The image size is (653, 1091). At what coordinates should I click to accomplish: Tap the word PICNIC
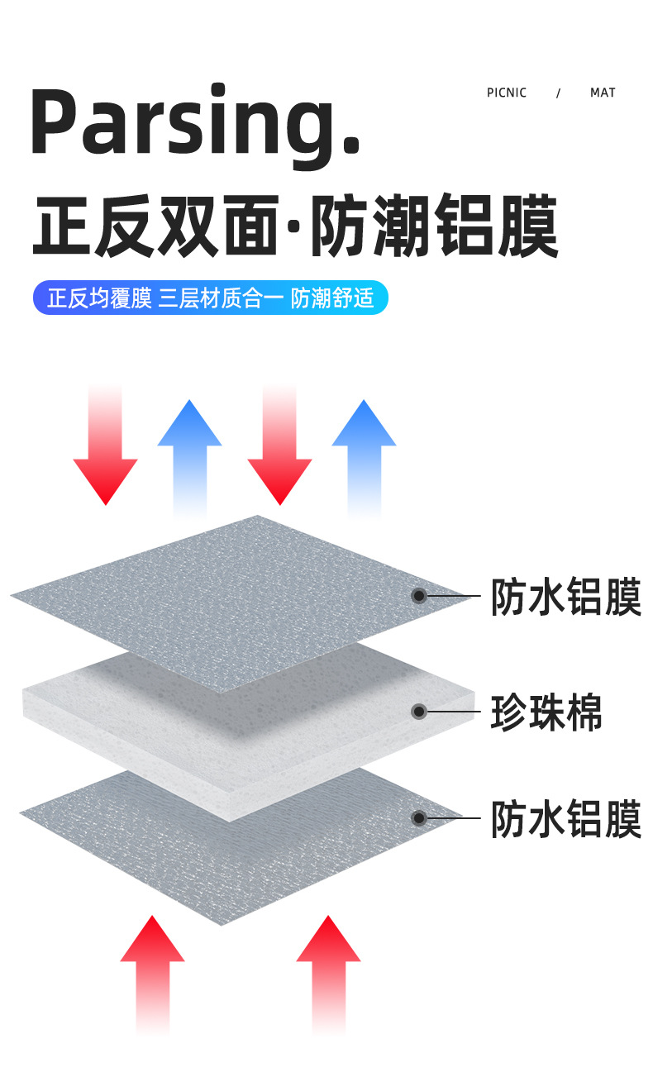click(x=507, y=93)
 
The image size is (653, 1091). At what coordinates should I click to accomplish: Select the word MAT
click(x=603, y=93)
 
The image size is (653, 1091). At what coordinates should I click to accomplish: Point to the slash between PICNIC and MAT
click(x=558, y=93)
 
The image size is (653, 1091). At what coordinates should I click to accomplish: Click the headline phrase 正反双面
click(x=154, y=226)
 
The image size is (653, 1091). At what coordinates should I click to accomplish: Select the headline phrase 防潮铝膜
click(x=435, y=226)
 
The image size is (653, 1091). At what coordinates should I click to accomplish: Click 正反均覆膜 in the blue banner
click(x=99, y=298)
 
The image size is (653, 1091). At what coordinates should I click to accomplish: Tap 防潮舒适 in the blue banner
click(x=332, y=298)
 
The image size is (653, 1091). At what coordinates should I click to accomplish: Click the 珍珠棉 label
click(x=546, y=712)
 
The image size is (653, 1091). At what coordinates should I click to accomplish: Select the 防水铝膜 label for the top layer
click(x=566, y=597)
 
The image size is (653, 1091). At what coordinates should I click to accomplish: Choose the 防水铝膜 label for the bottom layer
click(x=566, y=819)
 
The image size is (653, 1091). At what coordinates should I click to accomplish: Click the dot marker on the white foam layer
click(x=419, y=711)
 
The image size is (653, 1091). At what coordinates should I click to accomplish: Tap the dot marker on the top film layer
click(x=419, y=595)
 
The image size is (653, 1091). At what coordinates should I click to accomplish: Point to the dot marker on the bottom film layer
click(x=419, y=818)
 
